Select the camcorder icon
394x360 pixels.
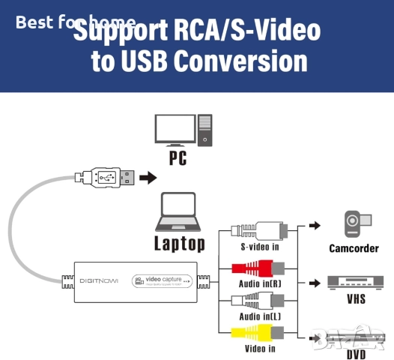pyautogui.click(x=353, y=224)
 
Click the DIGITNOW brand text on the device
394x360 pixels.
pyautogui.click(x=100, y=281)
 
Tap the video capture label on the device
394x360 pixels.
pyautogui.click(x=162, y=280)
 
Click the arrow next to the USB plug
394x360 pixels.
pyautogui.click(x=149, y=178)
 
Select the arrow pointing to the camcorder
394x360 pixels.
pyautogui.click(x=314, y=225)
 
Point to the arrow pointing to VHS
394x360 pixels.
pyautogui.click(x=314, y=284)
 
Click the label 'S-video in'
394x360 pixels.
pyautogui.click(x=260, y=247)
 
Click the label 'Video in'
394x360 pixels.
pyautogui.click(x=260, y=348)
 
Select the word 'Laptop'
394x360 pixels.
pyautogui.click(x=179, y=243)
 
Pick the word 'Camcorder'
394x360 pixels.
pyautogui.click(x=354, y=247)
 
